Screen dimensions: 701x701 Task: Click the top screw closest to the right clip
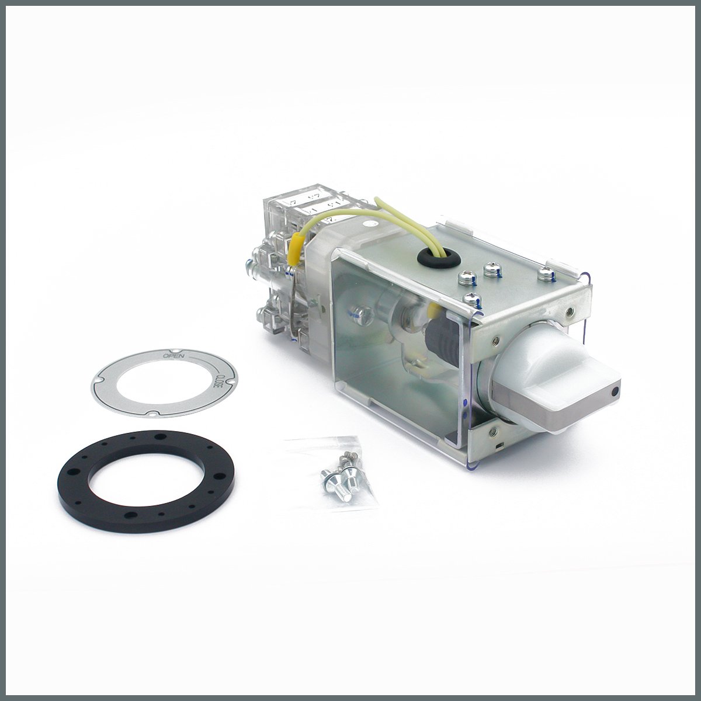tap(545, 270)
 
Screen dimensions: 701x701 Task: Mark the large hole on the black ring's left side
tap(74, 471)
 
